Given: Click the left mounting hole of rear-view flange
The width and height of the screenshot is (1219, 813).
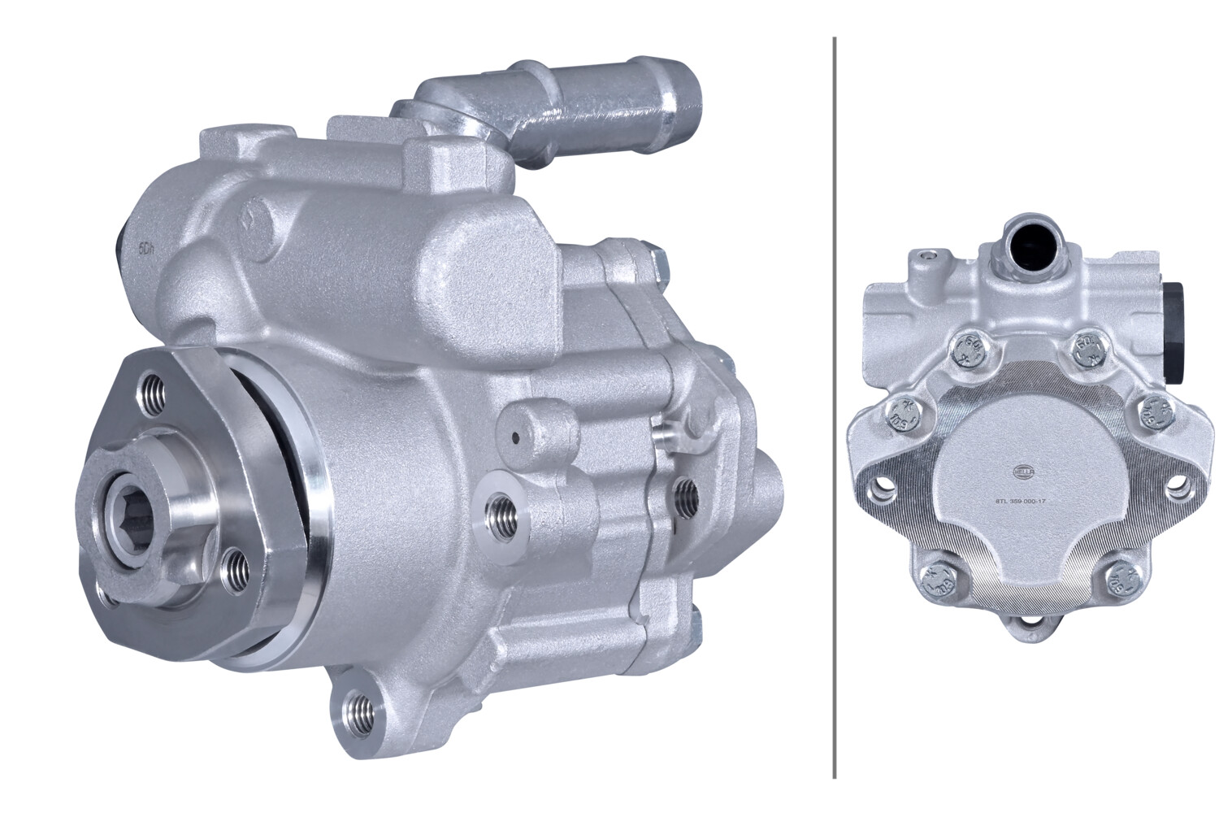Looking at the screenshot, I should [x=878, y=489].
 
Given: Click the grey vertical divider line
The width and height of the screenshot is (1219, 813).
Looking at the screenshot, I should [x=834, y=406].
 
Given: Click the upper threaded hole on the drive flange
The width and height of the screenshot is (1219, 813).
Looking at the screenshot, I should [x=152, y=393].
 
